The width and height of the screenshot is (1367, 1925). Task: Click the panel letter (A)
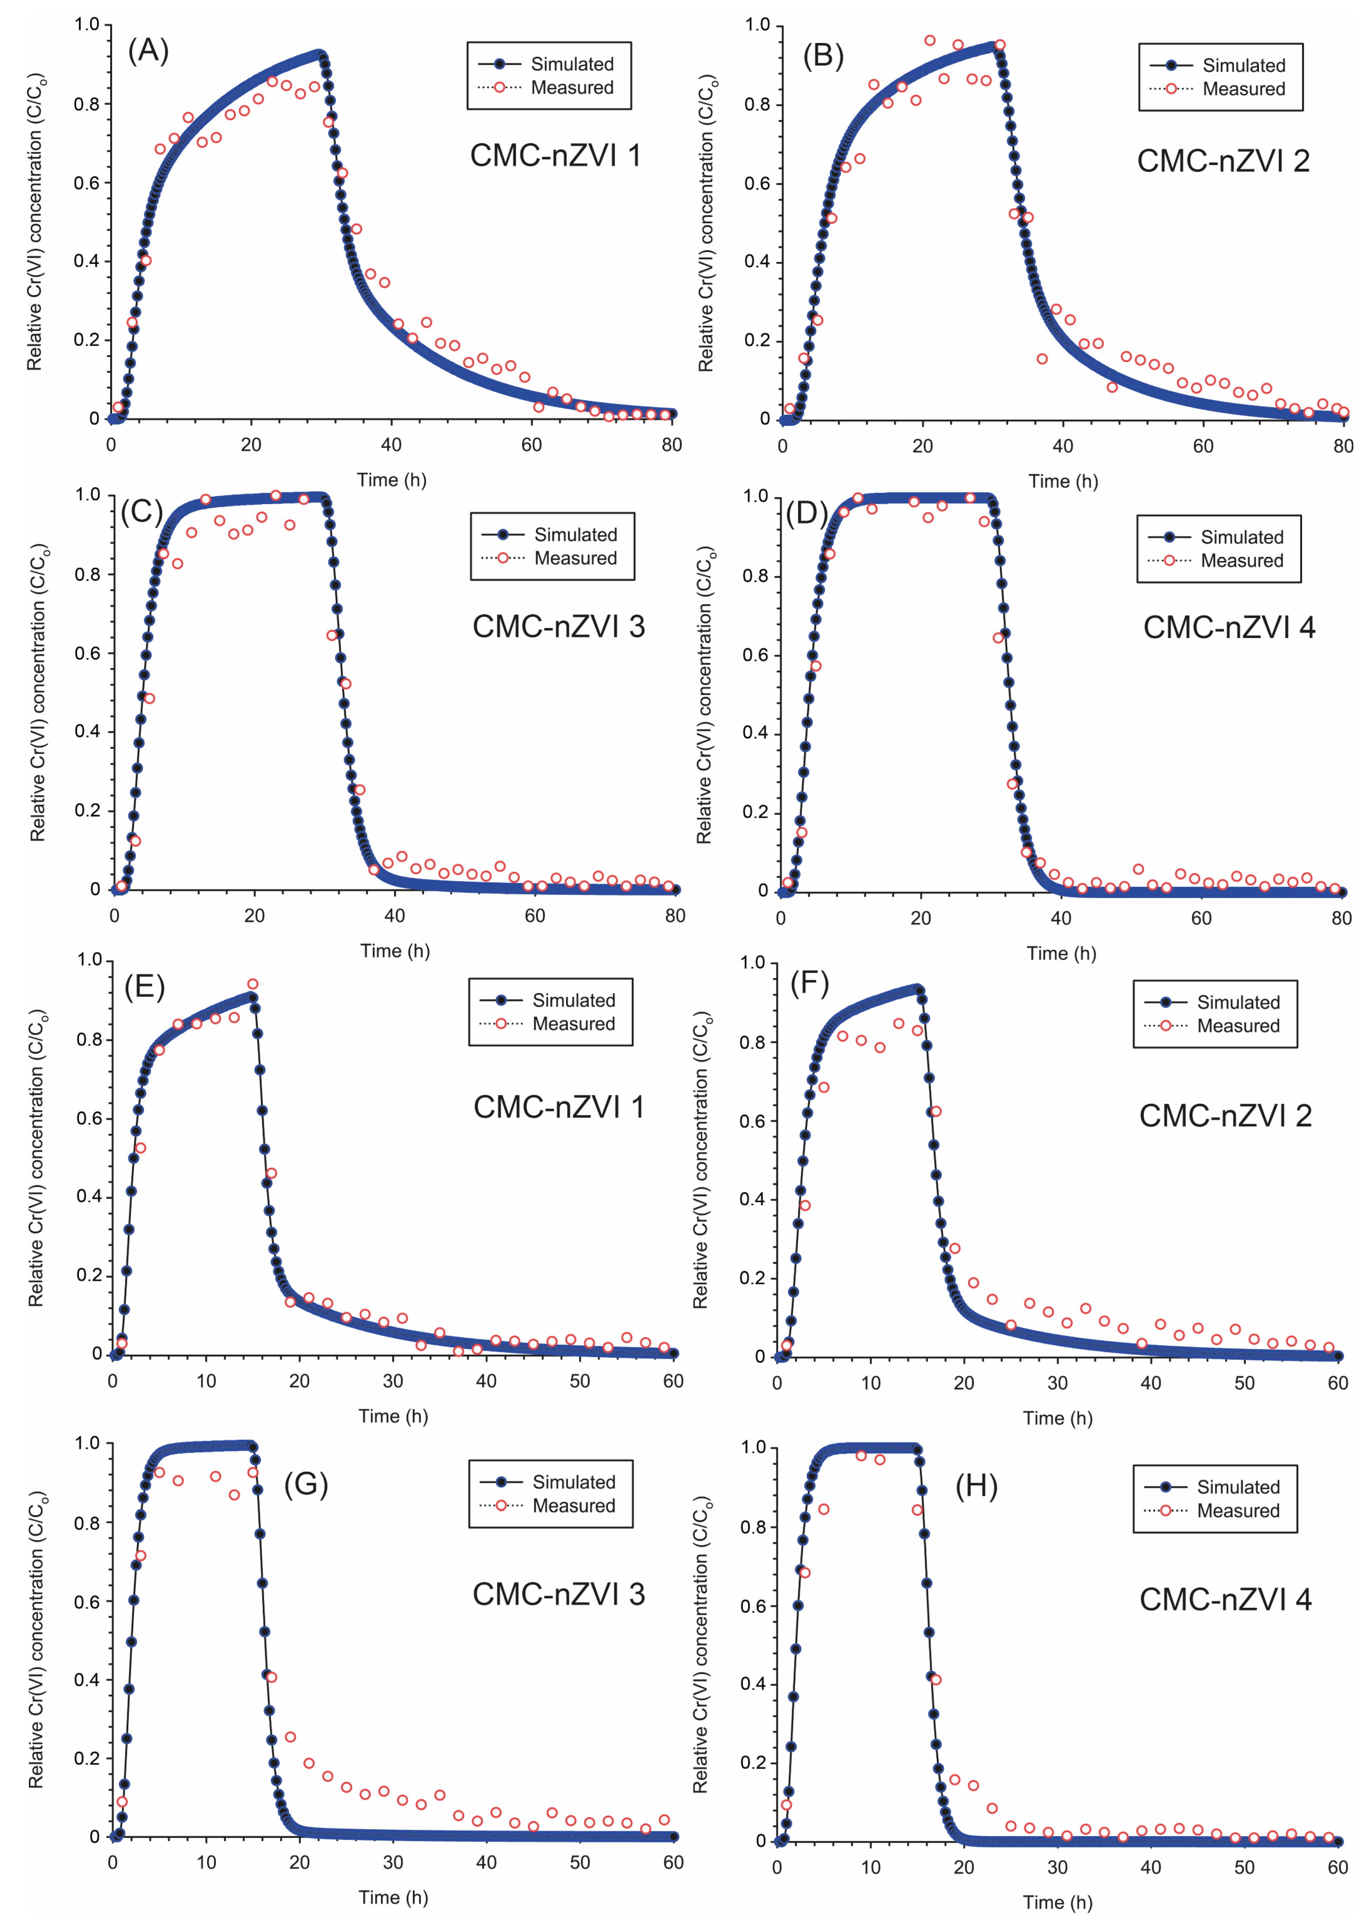point(148,51)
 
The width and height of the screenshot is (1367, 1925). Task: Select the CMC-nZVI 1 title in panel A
point(556,156)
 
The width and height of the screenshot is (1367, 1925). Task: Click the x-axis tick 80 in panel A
point(671,445)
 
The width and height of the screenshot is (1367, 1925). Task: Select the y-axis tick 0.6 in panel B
point(757,183)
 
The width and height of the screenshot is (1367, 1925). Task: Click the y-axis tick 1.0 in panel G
point(88,1443)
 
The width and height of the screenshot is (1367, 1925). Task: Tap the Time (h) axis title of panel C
point(395,951)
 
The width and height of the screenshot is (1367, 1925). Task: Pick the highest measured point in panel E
point(253,984)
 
